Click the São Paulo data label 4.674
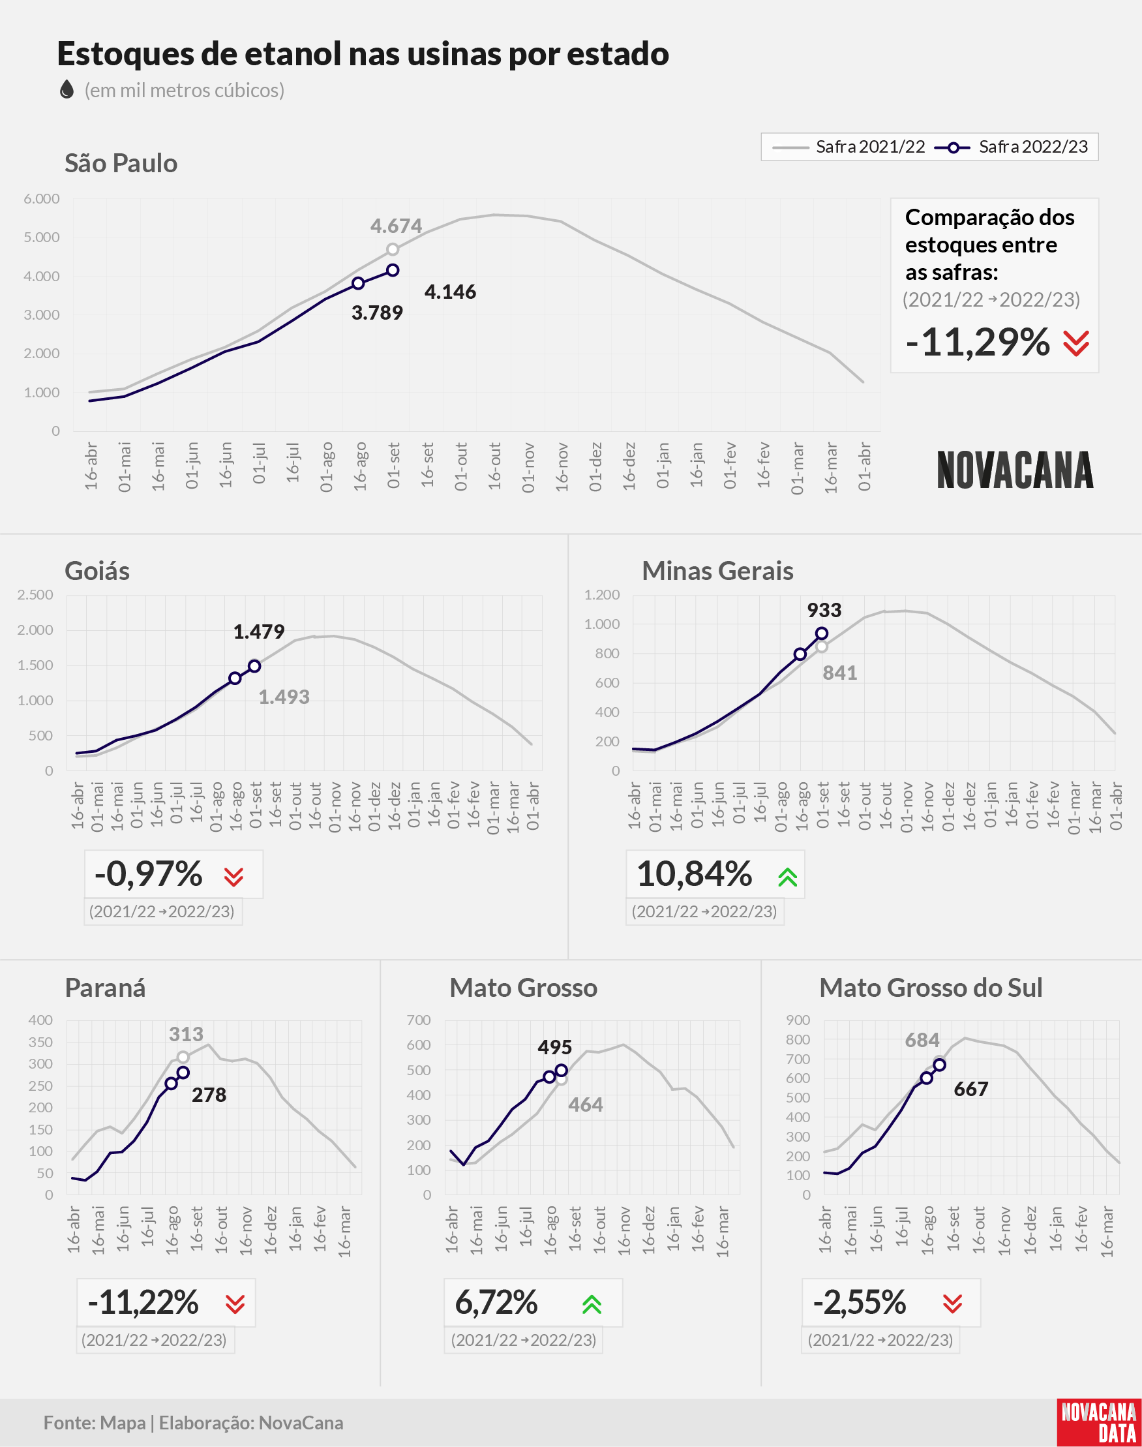(x=396, y=226)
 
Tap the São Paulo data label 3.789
(x=377, y=312)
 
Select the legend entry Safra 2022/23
(x=1012, y=147)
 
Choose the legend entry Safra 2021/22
(x=849, y=147)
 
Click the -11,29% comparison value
(x=978, y=343)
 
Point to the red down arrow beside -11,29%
(x=1076, y=343)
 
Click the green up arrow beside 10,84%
(x=788, y=877)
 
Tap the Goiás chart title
(x=97, y=571)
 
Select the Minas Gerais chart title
(x=717, y=571)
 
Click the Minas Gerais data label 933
(x=824, y=610)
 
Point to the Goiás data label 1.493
(x=284, y=697)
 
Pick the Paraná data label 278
(x=209, y=1095)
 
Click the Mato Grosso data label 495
(x=554, y=1047)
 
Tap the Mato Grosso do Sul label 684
(x=922, y=1040)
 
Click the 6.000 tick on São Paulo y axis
(x=42, y=198)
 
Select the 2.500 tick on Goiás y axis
(x=35, y=594)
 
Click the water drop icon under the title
(x=66, y=89)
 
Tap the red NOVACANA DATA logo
(x=1099, y=1422)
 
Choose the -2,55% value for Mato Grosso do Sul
(x=859, y=1303)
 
